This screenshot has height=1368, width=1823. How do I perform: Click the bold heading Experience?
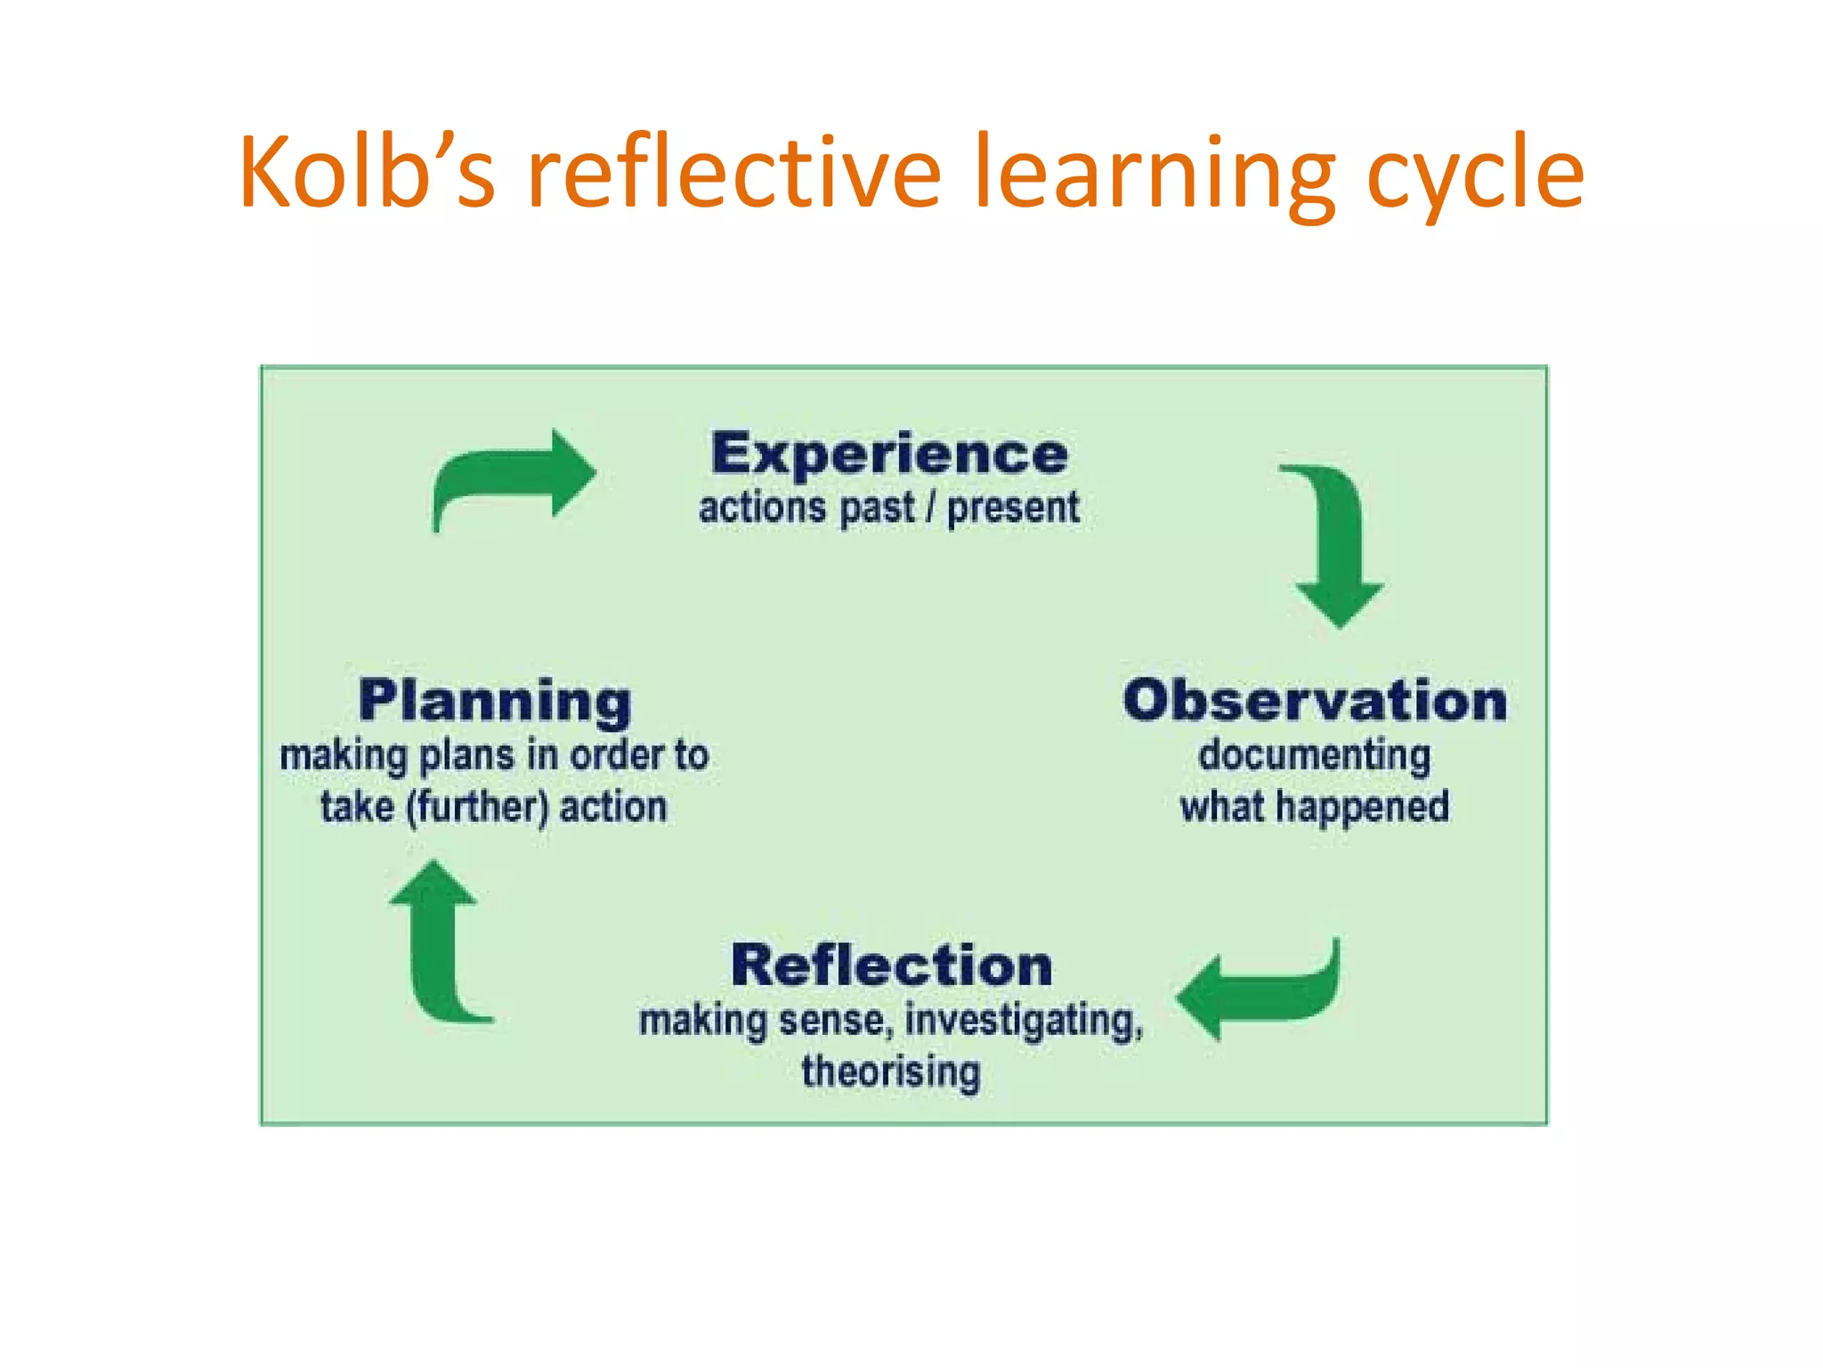coord(889,454)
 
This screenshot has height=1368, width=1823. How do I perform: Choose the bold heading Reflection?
coord(891,965)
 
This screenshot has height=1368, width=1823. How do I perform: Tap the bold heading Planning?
coord(495,701)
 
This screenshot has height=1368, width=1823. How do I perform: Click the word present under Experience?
coord(1012,509)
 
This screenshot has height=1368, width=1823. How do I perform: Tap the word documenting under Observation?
coord(1315,755)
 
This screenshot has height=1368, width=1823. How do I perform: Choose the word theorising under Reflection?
coord(891,1071)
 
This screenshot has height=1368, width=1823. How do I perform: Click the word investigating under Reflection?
coord(1024,1021)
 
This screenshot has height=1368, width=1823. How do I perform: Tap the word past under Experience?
coord(877,509)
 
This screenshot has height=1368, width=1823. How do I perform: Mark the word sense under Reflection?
coord(836,1021)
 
